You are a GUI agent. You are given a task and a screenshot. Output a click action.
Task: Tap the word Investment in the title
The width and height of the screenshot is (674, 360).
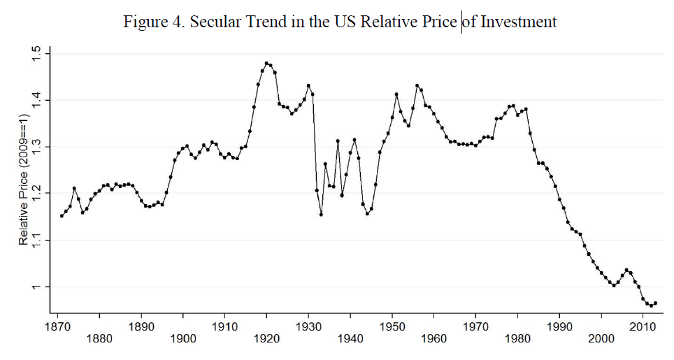pos(518,22)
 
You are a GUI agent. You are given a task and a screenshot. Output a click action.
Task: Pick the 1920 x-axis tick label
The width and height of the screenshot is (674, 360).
pos(266,339)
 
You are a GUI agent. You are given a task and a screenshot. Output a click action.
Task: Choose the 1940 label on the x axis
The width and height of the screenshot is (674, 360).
pos(350,339)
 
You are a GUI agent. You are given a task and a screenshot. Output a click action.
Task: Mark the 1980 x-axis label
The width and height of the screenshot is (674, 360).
pos(517,339)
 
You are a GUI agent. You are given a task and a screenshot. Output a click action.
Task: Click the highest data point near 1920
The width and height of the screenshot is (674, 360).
pos(266,63)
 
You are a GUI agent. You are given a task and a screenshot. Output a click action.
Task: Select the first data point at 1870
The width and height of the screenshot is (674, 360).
pos(62,216)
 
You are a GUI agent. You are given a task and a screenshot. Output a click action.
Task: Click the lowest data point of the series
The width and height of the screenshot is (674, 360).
pos(650,305)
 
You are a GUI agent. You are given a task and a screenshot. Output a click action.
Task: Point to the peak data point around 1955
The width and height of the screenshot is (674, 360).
pos(417,86)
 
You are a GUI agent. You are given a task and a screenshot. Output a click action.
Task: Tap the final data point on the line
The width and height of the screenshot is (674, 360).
pos(655,303)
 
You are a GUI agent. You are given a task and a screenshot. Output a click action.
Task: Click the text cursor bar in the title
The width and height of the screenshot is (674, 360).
pos(461,22)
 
